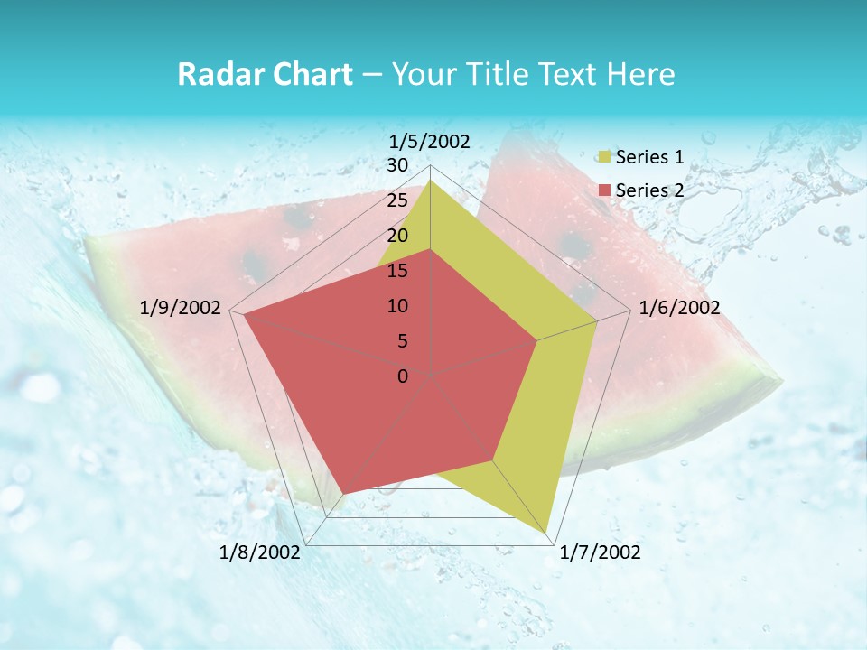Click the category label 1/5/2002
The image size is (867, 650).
tap(429, 141)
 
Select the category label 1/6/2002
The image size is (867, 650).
tap(679, 308)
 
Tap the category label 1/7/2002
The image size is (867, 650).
tap(600, 552)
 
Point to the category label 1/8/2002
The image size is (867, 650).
tap(260, 552)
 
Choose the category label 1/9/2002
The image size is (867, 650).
tap(181, 308)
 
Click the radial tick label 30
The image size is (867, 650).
tap(397, 165)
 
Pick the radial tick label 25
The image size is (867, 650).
tap(397, 200)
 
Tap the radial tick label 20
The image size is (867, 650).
tap(397, 236)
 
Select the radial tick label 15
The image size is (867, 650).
tap(397, 271)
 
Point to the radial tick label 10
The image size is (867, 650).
tap(397, 306)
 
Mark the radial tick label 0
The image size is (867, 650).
tap(403, 376)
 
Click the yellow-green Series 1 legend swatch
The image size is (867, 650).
tap(604, 158)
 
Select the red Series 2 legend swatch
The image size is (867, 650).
tap(604, 190)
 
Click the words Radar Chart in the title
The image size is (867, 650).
tap(265, 75)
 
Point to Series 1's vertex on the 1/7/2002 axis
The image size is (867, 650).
tap(546, 533)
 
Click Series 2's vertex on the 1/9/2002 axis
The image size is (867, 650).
tap(243, 314)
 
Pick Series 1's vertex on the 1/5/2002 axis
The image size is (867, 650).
tap(430, 180)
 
